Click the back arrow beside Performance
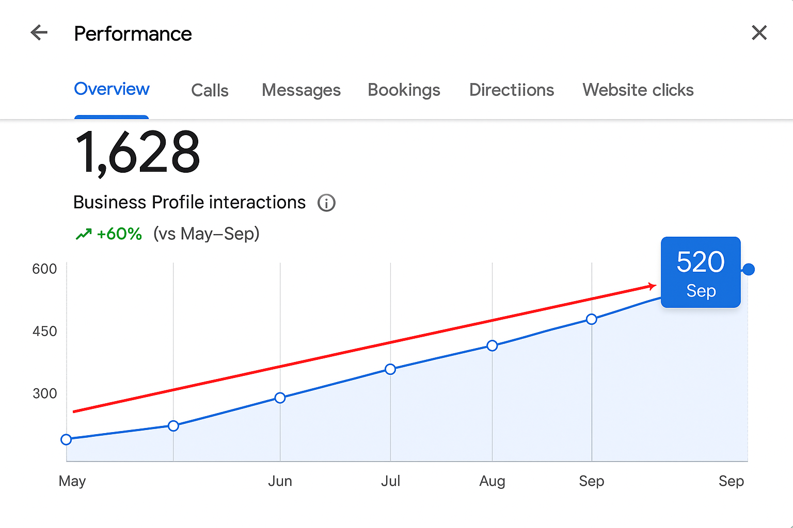point(39,33)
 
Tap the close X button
point(759,33)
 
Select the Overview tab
point(112,89)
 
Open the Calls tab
point(210,90)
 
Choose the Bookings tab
point(404,90)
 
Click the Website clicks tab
point(638,90)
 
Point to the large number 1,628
point(137,153)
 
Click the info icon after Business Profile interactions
point(326,203)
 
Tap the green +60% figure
point(119,234)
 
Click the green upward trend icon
point(84,235)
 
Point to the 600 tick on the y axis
point(44,269)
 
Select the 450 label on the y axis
point(44,331)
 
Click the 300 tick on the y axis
point(44,393)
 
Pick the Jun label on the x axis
point(280,481)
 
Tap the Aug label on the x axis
point(492,481)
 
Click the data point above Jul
point(390,369)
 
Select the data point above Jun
point(280,398)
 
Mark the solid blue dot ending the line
point(748,269)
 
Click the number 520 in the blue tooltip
point(701,262)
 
